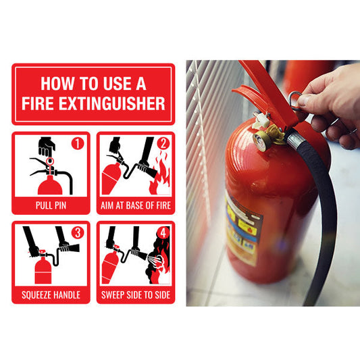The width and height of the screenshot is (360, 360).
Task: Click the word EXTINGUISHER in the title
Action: click(112, 103)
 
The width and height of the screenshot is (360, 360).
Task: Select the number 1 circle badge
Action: click(78, 143)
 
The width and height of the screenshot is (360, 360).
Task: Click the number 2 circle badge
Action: click(163, 143)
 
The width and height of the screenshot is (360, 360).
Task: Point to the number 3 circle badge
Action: click(78, 232)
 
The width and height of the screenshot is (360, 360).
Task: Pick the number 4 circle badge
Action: click(163, 232)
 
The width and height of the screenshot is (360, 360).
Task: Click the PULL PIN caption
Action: click(51, 205)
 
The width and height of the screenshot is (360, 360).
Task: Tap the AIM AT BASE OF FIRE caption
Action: click(136, 205)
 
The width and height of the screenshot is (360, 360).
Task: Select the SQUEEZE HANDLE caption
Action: click(51, 294)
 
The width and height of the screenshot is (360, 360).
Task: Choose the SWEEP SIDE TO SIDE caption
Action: click(136, 294)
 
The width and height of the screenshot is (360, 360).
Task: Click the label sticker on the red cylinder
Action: click(243, 232)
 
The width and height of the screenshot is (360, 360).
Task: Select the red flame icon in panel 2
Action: click(160, 176)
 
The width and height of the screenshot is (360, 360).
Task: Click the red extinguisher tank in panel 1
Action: click(50, 185)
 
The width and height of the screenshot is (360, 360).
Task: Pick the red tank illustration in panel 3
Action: click(43, 270)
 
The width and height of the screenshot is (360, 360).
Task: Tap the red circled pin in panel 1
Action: click(50, 161)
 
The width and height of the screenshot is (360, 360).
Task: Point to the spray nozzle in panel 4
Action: click(142, 255)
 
